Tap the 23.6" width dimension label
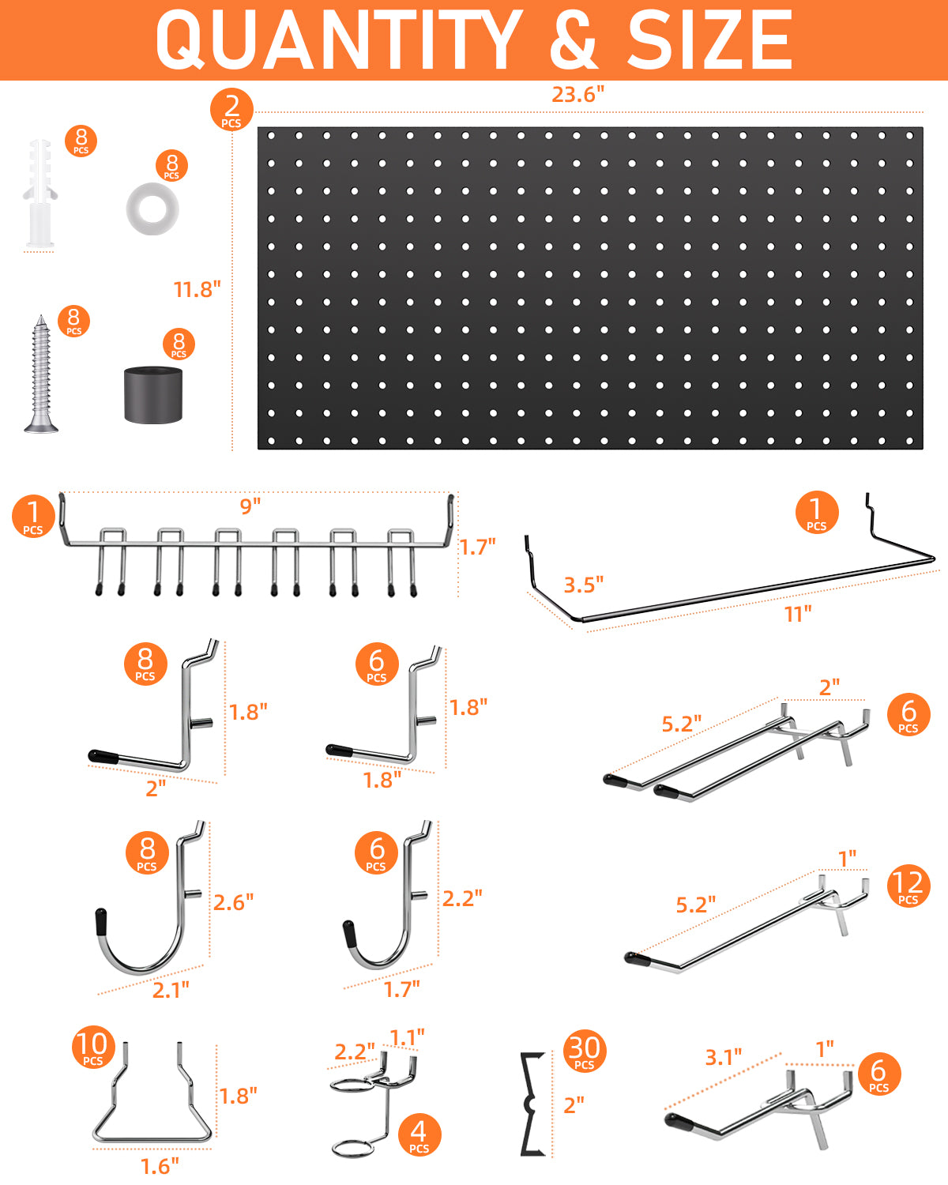click(577, 95)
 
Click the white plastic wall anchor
click(39, 194)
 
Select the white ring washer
click(152, 209)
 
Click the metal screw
click(41, 374)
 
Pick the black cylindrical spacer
click(153, 395)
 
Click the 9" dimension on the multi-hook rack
click(250, 506)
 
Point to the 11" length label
click(798, 613)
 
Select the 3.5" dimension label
click(583, 585)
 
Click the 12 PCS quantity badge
click(908, 886)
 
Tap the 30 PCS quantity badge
click(585, 1051)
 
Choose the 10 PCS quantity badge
click(93, 1047)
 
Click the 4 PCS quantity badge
click(419, 1135)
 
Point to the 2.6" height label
click(233, 902)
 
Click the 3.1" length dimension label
click(724, 1057)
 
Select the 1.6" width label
click(160, 1166)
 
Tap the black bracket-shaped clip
click(532, 1104)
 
